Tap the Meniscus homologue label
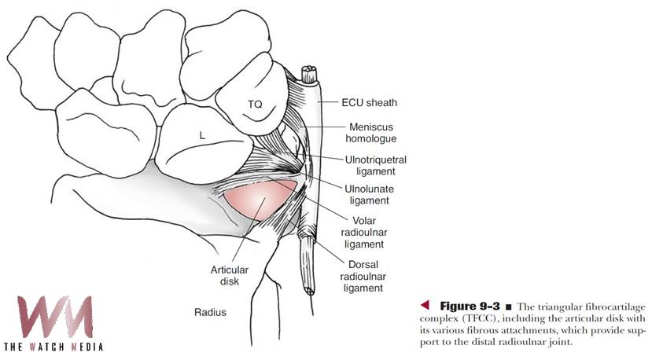(373, 132)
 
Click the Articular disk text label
(229, 274)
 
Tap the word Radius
(210, 313)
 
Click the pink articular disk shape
(256, 200)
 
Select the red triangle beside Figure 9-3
(425, 303)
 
